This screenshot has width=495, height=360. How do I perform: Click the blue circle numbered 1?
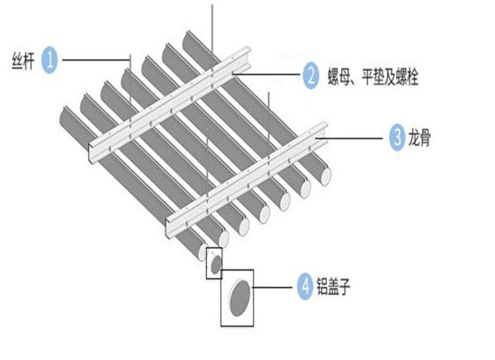(x=49, y=60)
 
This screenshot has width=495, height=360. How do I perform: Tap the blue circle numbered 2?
(x=310, y=76)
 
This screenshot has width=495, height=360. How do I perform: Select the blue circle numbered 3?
(x=397, y=138)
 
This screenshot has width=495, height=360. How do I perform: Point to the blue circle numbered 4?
(x=305, y=287)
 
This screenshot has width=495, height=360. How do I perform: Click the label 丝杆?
(x=22, y=60)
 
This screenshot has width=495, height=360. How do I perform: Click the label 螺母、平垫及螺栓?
(x=373, y=76)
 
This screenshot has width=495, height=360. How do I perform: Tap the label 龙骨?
(x=419, y=138)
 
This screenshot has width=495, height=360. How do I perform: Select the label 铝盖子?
(x=333, y=286)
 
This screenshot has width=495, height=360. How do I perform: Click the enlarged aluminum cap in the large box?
(x=239, y=299)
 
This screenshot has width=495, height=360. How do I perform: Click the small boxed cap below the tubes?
(x=216, y=265)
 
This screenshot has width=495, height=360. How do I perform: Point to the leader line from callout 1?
(x=96, y=59)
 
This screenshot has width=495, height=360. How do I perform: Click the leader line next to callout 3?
(x=349, y=138)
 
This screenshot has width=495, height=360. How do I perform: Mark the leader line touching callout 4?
(x=272, y=287)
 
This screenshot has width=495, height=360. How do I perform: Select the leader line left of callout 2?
(x=266, y=75)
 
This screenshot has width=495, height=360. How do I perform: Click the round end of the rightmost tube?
(x=326, y=176)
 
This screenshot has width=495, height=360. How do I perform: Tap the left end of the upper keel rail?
(x=92, y=154)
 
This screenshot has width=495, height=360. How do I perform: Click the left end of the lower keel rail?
(x=169, y=229)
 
